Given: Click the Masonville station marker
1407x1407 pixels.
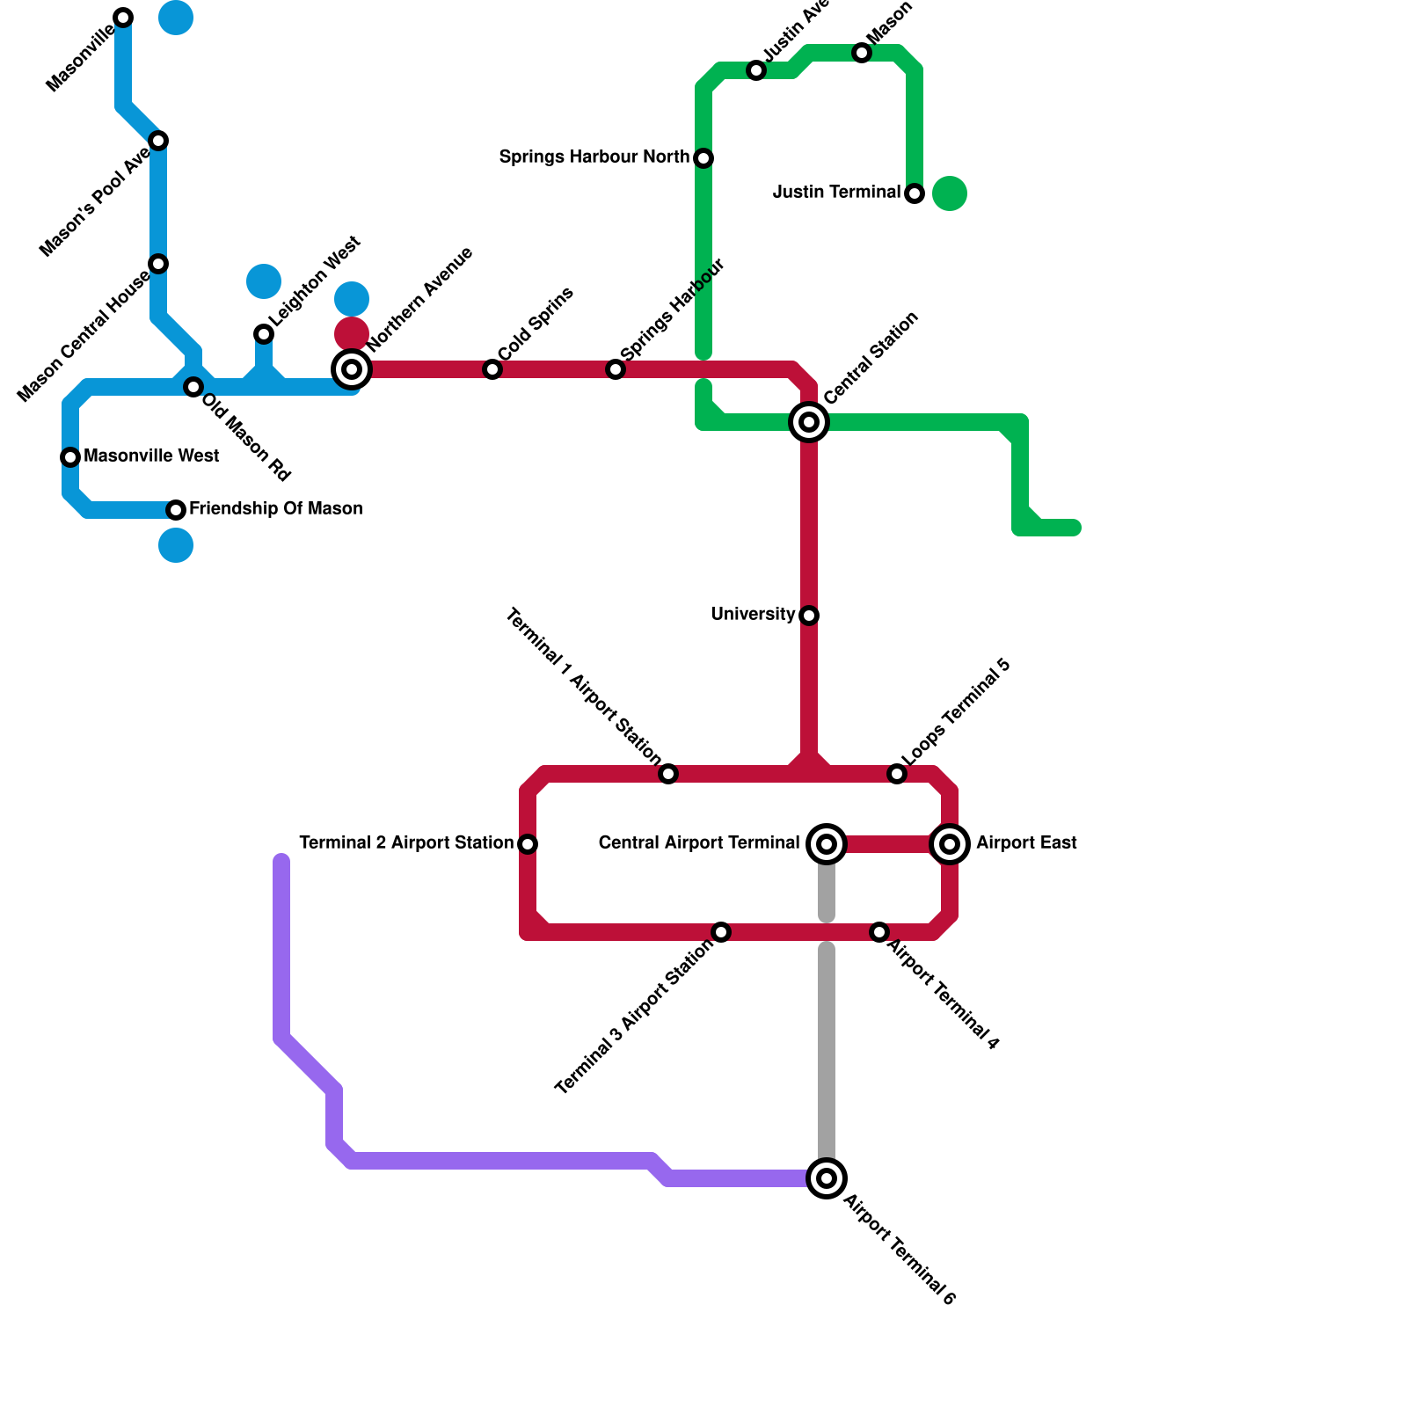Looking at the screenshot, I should click(x=123, y=18).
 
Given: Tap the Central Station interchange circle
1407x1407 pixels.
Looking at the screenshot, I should click(x=809, y=422).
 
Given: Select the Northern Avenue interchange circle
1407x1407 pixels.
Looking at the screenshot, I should click(x=352, y=369).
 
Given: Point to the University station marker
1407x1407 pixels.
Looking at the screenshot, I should click(x=809, y=616).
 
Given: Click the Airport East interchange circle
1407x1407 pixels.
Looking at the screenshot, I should click(x=950, y=844).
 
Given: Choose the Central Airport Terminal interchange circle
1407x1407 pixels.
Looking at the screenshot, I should click(x=827, y=844).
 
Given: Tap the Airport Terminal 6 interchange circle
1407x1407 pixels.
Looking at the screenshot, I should click(x=827, y=1178).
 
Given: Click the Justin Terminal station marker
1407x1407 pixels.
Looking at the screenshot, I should click(x=915, y=193).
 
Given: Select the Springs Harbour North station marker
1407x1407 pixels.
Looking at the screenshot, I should click(x=703, y=158).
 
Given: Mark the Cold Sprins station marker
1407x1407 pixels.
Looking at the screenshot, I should click(x=492, y=369).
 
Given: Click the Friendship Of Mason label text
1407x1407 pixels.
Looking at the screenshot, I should click(x=275, y=509).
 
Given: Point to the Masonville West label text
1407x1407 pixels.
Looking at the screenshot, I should click(x=151, y=456).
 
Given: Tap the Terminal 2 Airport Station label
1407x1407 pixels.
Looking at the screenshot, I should click(x=406, y=843).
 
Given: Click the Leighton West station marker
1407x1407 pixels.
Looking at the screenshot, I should click(x=264, y=334).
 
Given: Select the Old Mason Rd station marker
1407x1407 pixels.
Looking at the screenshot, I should click(x=193, y=387).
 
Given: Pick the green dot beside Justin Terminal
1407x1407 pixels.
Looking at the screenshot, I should click(x=950, y=193).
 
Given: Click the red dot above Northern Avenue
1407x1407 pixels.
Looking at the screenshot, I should click(x=352, y=333).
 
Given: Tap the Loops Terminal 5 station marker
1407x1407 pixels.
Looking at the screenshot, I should click(x=897, y=774).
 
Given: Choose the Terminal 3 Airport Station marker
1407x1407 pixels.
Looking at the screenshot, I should click(x=721, y=932).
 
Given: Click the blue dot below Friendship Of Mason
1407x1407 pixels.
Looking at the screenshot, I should click(x=176, y=545).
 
